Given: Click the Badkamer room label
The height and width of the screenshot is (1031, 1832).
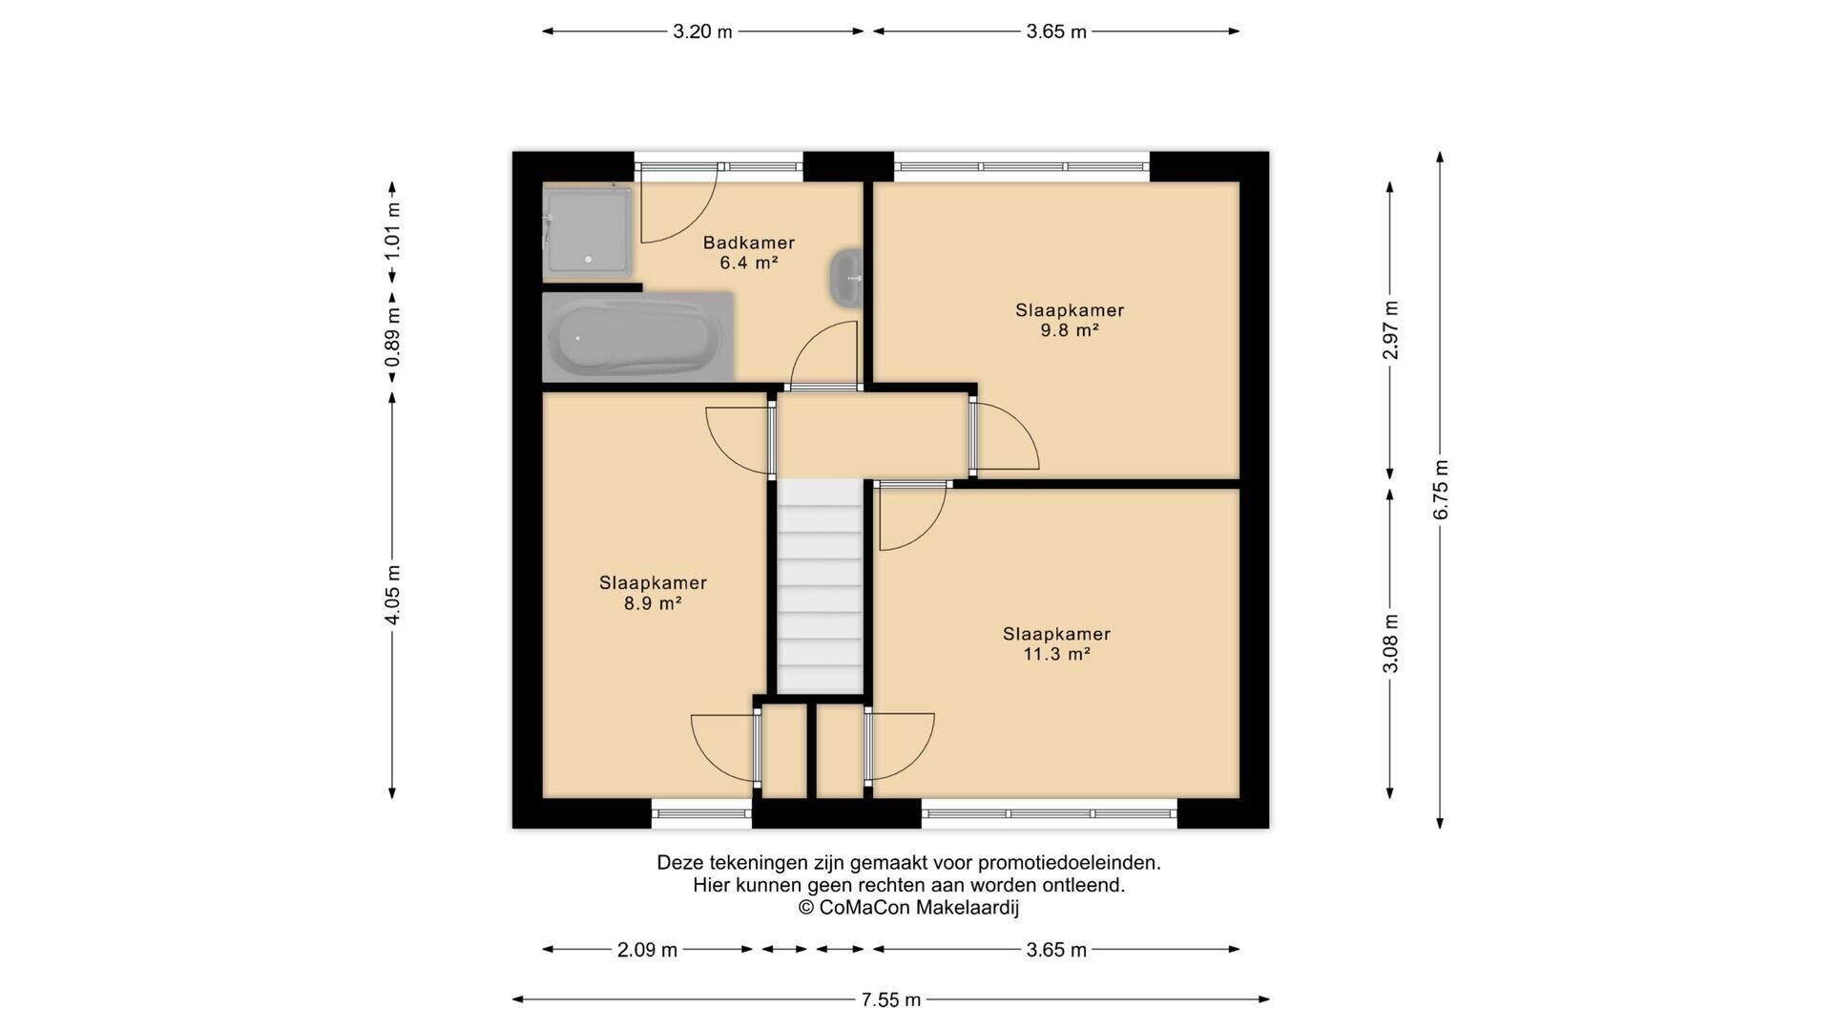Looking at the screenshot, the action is tap(749, 242).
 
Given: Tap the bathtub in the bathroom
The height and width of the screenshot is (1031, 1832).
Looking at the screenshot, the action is tap(637, 337).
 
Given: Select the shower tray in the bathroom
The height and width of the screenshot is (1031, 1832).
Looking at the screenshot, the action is tap(586, 234).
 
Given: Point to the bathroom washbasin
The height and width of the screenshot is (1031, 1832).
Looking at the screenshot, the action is tap(845, 278).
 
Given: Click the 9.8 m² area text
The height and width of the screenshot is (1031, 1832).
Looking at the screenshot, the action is tap(1070, 330).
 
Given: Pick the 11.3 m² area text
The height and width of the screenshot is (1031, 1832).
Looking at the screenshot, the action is tap(1056, 654).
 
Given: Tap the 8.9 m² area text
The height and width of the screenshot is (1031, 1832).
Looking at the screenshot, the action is tap(653, 603).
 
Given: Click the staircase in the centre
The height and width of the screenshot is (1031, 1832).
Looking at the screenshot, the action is tap(820, 586).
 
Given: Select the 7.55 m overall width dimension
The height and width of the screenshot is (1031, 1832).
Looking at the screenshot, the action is tap(891, 999).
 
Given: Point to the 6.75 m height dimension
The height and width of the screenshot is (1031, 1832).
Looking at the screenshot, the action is tap(1441, 490).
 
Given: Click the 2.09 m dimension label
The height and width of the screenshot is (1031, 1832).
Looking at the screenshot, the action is tap(647, 950).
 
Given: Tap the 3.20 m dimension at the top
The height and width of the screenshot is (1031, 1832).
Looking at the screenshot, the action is tap(702, 32).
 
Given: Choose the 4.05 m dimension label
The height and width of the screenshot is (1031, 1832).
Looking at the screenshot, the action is tap(392, 595).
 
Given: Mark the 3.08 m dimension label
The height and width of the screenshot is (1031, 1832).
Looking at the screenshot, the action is tap(1390, 642).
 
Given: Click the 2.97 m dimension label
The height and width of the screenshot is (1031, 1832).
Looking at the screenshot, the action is tap(1390, 330).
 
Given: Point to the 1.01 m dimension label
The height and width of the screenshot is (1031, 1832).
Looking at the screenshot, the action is tap(392, 232).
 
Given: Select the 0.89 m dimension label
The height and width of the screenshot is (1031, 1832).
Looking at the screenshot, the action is tap(392, 338).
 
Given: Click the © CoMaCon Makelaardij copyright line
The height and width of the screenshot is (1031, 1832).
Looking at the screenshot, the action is tap(908, 908).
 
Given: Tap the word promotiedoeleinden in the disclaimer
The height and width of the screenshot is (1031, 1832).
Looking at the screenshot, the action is tap(1069, 863).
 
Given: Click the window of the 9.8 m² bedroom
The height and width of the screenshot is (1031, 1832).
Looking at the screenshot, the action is tap(1022, 167).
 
